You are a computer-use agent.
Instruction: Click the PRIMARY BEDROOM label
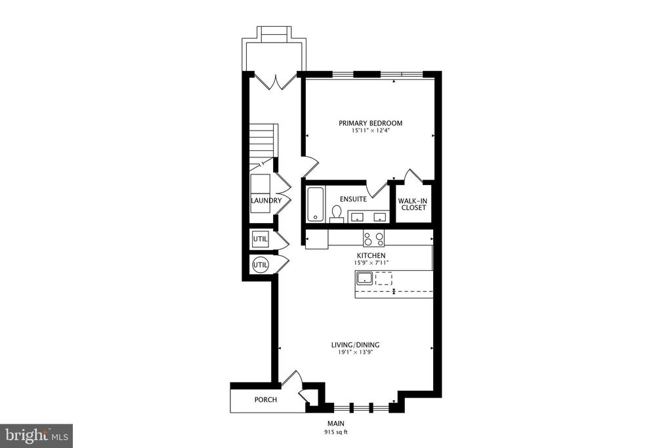(370, 123)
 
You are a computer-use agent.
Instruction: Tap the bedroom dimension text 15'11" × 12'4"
(370, 131)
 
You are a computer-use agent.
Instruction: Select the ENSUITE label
(353, 199)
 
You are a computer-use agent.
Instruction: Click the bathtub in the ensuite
(316, 204)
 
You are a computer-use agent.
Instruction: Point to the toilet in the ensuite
(337, 214)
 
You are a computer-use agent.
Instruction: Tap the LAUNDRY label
(266, 201)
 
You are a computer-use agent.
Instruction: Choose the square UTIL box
(260, 239)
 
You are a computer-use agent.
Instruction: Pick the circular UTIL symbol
(260, 265)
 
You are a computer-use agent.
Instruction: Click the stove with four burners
(373, 238)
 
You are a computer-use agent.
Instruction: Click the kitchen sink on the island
(365, 278)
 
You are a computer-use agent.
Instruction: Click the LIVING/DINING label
(355, 345)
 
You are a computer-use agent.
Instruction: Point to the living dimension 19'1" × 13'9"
(355, 352)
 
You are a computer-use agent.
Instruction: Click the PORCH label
(266, 400)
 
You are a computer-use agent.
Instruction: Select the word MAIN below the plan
(336, 424)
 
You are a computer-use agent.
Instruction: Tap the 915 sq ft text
(336, 432)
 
